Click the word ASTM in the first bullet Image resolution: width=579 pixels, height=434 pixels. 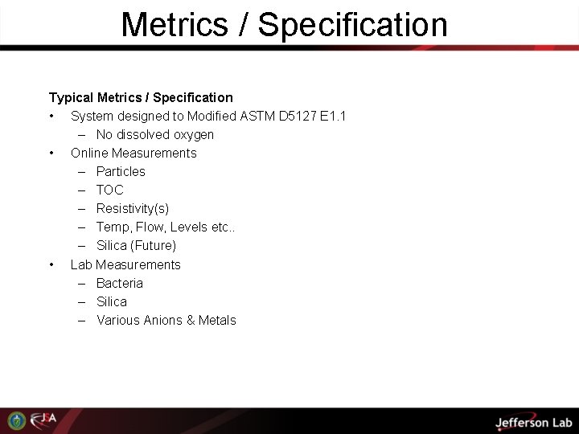[257, 117]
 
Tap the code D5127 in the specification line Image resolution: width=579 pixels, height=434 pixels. [298, 117]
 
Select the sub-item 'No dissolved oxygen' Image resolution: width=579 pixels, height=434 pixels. [155, 135]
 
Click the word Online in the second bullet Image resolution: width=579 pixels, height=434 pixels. [89, 154]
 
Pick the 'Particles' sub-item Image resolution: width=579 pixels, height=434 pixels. [121, 172]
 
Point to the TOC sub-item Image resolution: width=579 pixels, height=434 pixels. [110, 190]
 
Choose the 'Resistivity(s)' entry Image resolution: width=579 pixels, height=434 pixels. [133, 209]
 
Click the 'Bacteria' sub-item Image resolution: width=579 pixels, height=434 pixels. [120, 284]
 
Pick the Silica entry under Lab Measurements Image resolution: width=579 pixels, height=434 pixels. [112, 302]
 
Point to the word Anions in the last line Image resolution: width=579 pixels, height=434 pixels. [163, 321]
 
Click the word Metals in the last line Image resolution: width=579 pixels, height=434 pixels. [217, 321]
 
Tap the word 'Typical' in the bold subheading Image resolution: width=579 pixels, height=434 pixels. [71, 98]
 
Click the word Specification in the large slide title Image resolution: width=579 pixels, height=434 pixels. [353, 25]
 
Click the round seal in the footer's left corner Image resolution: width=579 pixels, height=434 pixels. [17, 420]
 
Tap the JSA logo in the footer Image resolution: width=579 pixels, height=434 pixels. [44, 420]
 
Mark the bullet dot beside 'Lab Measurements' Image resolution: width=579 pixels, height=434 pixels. [51, 265]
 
